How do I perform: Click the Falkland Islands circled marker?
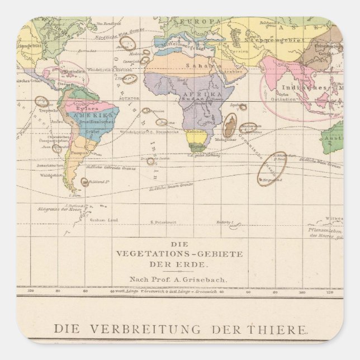[x=84, y=182]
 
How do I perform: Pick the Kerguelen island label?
[x=274, y=180]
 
